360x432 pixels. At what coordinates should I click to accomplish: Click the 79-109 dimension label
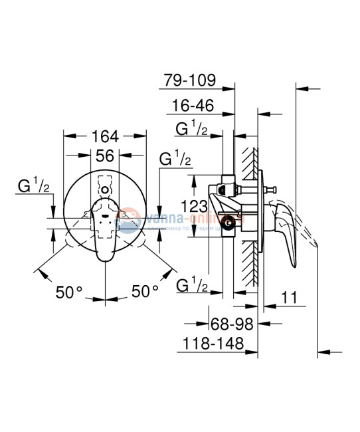[189, 81]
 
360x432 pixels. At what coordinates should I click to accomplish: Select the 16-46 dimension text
[193, 105]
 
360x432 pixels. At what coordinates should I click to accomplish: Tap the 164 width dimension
[105, 137]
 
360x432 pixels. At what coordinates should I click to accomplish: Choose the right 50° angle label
[144, 291]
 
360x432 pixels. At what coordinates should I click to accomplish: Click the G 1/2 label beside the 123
[176, 160]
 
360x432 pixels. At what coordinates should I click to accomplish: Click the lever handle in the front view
[105, 226]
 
